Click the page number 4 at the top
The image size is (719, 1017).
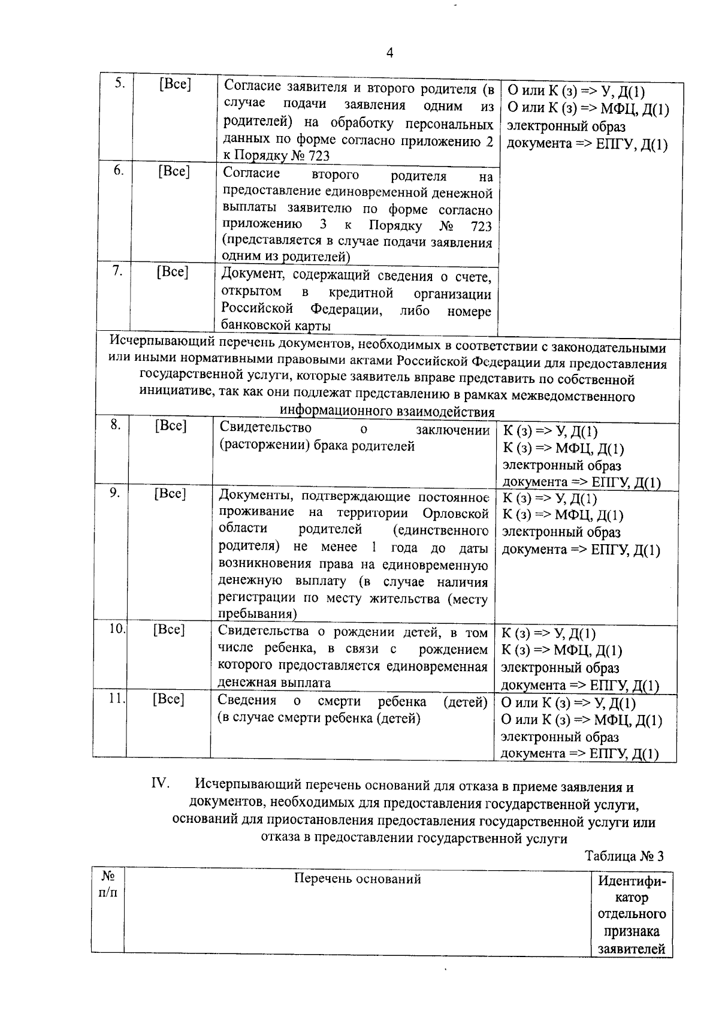pos(390,53)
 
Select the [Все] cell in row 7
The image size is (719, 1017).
pos(173,272)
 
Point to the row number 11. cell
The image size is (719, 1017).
pos(116,699)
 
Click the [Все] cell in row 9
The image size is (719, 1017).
pos(170,494)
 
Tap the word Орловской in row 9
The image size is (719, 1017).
pos(455,514)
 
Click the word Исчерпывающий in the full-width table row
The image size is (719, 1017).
pos(161,347)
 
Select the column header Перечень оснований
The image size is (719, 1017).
pos(357,879)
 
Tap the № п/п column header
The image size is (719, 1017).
pos(108,885)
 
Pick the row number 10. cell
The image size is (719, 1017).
pos(117,629)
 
